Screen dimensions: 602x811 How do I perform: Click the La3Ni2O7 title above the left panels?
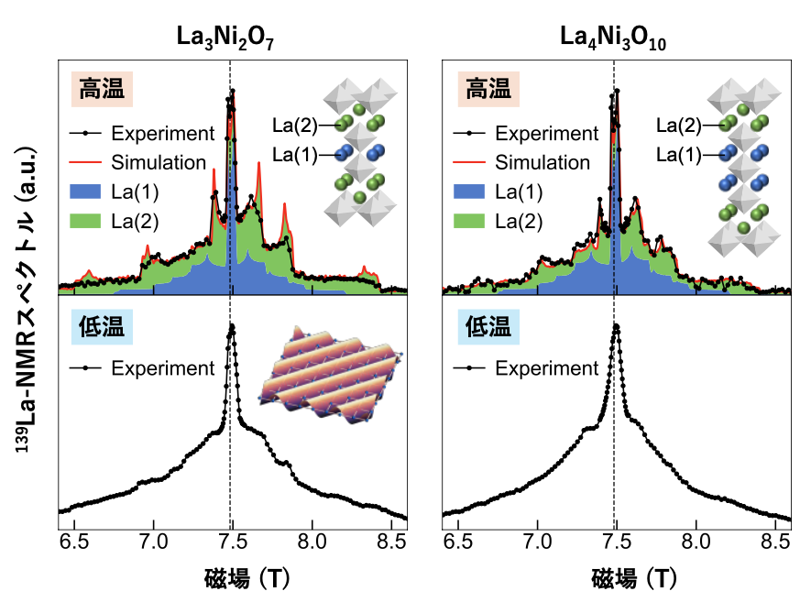pos(231,37)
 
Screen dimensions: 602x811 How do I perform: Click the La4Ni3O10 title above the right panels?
pos(615,37)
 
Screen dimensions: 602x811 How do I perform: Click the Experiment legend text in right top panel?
pos(547,133)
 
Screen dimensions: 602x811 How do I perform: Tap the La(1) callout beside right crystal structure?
pos(679,155)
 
